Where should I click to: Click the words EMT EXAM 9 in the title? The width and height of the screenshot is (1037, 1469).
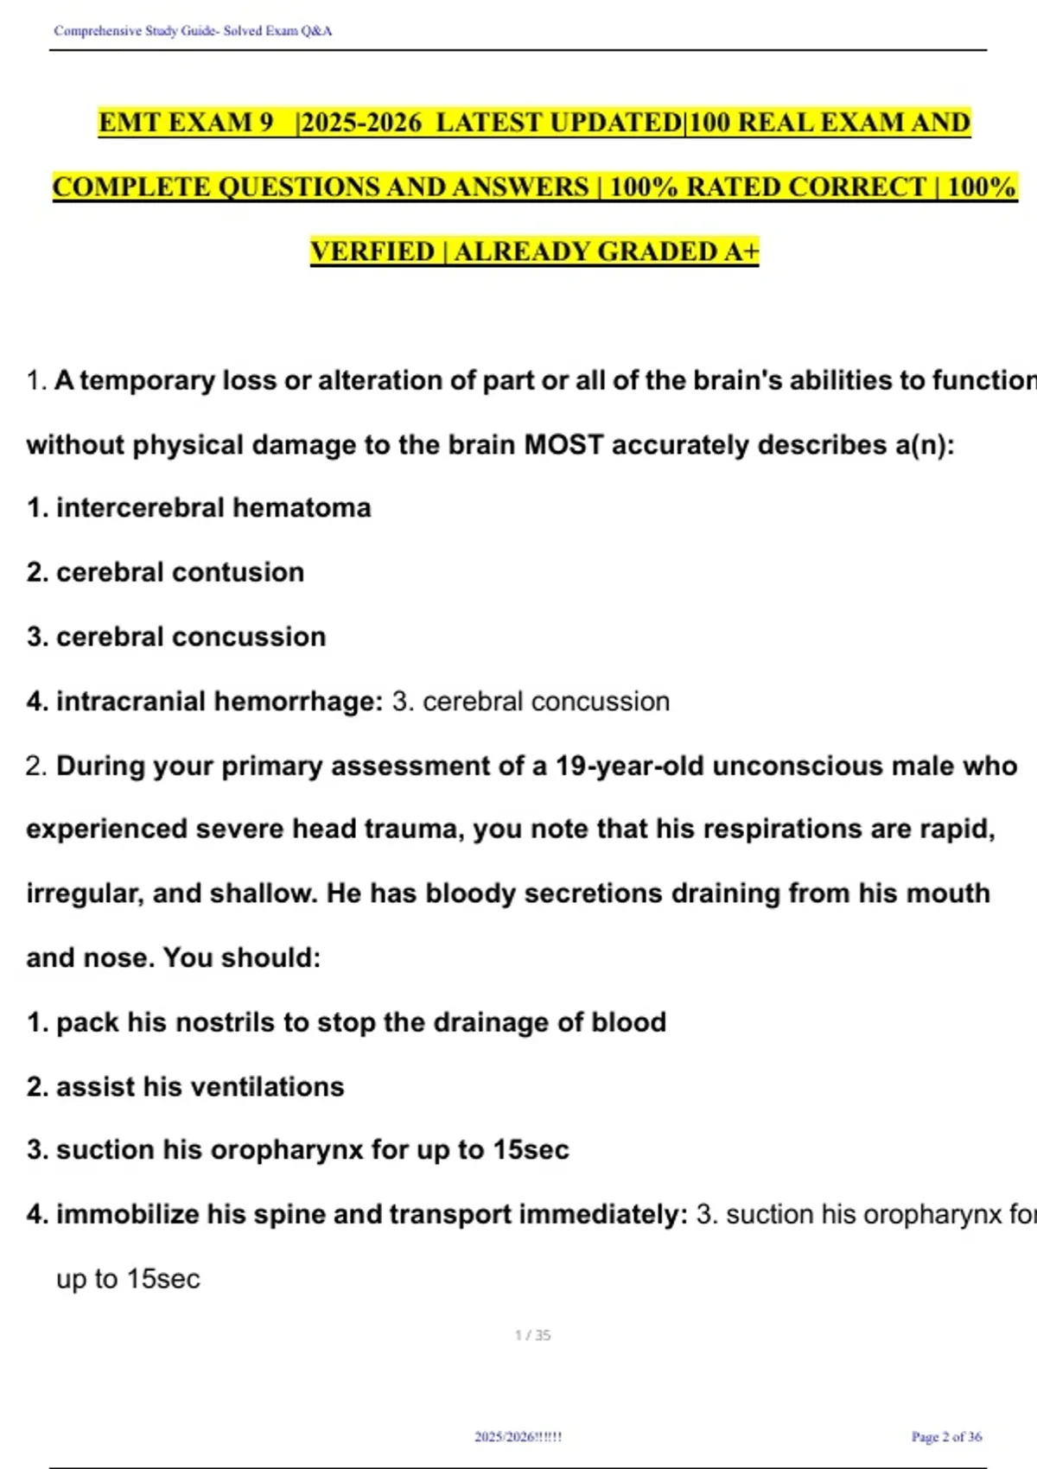(185, 123)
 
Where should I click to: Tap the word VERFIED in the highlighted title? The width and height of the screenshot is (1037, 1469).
(372, 251)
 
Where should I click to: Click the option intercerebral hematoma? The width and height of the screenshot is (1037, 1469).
(213, 508)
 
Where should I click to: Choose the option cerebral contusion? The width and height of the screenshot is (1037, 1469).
(180, 572)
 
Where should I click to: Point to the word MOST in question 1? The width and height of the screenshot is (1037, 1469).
(563, 445)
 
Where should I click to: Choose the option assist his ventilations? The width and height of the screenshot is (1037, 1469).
(200, 1086)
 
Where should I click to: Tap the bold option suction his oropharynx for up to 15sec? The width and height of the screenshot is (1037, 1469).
(311, 1150)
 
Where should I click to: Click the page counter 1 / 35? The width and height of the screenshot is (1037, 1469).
(532, 1335)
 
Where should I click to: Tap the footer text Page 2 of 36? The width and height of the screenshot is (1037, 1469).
(946, 1437)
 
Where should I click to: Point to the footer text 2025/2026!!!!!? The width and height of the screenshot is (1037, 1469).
(518, 1437)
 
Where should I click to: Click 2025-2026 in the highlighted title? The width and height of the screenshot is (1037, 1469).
(361, 123)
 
